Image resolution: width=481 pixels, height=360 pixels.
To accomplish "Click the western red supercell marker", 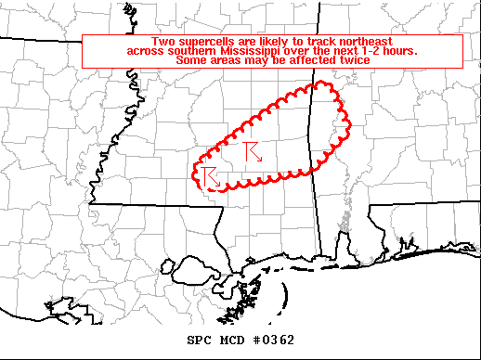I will (209, 176).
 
